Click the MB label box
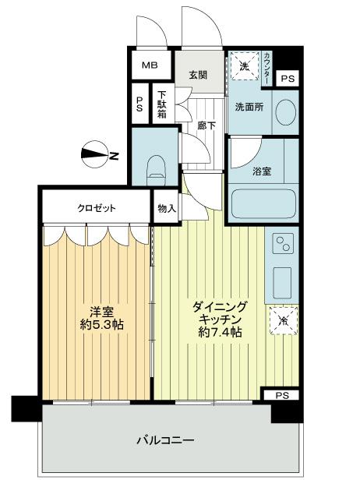[x=150, y=65]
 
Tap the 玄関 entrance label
[x=197, y=76]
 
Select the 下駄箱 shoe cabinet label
[x=160, y=102]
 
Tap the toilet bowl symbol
[x=156, y=166]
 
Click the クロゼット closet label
[x=96, y=208]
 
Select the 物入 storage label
[x=166, y=208]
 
